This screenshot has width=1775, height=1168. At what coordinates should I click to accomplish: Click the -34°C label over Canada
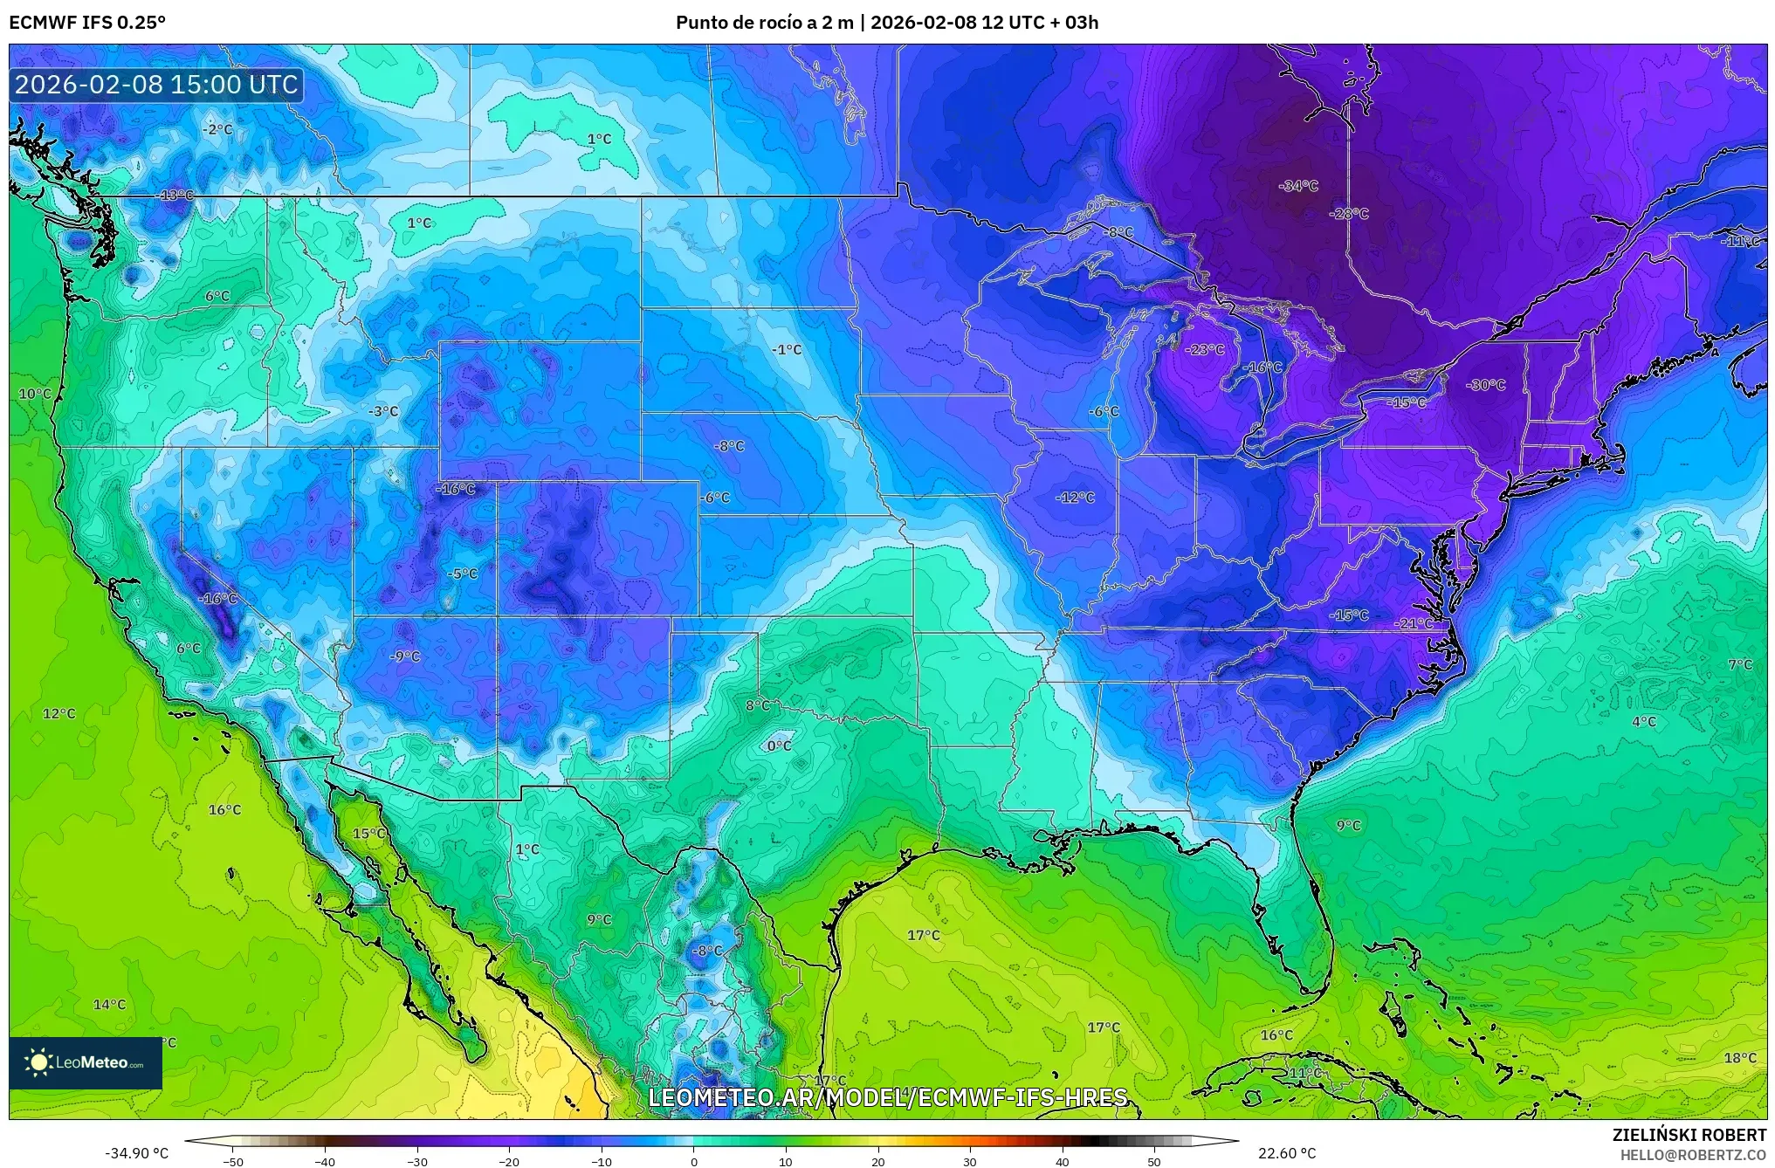[x=1297, y=186]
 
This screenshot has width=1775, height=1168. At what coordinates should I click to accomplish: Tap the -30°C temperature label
[x=1486, y=385]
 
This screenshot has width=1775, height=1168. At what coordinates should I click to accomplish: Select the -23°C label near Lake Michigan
[x=1205, y=349]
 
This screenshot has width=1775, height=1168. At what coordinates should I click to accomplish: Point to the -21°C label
[x=1414, y=624]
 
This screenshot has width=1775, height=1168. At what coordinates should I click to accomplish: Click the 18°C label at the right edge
[x=1739, y=1058]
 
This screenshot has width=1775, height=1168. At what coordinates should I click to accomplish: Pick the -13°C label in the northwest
[x=175, y=195]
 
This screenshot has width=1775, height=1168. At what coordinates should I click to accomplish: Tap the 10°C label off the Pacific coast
[x=35, y=394]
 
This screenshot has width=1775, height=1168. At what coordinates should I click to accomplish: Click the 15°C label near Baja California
[x=368, y=834]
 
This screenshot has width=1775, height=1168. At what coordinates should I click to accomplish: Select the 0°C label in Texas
[x=779, y=746]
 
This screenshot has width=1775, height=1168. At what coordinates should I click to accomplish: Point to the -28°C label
[x=1349, y=214]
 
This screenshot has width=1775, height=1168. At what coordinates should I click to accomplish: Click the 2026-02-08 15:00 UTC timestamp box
[x=157, y=85]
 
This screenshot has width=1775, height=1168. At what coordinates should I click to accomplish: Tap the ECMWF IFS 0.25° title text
[x=87, y=23]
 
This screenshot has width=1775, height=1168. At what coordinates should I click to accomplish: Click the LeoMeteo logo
[x=86, y=1062]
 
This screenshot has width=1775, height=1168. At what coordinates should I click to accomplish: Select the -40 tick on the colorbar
[x=325, y=1161]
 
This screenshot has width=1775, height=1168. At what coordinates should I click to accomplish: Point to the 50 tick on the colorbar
[x=1154, y=1161]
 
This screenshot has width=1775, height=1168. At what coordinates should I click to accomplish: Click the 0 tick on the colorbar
[x=694, y=1161]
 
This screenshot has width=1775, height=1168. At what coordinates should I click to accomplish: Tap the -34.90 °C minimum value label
[x=137, y=1153]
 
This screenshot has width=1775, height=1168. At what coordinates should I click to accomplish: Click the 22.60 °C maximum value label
[x=1286, y=1153]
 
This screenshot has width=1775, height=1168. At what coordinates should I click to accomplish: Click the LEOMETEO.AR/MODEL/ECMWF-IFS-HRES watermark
[x=887, y=1097]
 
